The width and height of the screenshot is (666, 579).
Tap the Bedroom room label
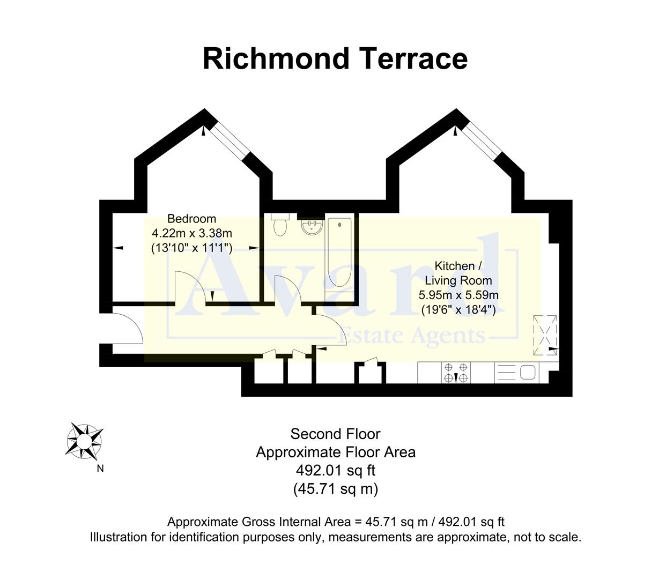(x=191, y=219)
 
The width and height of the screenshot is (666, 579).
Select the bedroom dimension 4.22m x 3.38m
(x=191, y=233)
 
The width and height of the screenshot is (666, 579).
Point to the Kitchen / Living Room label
(x=458, y=273)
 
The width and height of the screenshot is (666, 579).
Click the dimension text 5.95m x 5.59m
(x=458, y=295)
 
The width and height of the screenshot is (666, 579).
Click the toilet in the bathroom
(x=280, y=225)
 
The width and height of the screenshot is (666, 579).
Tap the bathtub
(x=339, y=252)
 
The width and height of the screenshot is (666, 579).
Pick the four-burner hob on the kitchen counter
(x=456, y=373)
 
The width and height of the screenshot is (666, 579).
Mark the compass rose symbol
(x=84, y=441)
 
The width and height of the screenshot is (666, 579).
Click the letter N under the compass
(x=100, y=469)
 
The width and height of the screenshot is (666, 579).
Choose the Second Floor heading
(x=335, y=434)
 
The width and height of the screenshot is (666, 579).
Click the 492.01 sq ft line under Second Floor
(x=335, y=470)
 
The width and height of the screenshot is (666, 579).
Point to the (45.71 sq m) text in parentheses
(x=335, y=488)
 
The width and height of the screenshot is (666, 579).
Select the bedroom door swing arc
(x=189, y=288)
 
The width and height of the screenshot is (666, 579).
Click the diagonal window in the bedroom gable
(x=229, y=140)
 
